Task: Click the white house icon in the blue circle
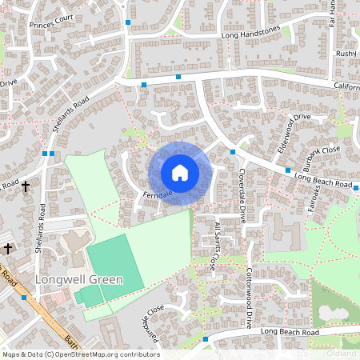pyautogui.click(x=180, y=173)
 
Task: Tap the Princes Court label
pyautogui.click(x=51, y=18)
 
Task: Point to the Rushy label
pyautogui.click(x=346, y=54)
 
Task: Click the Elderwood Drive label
pyautogui.click(x=293, y=130)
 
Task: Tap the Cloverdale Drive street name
pyautogui.click(x=241, y=194)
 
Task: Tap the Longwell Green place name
pyautogui.click(x=78, y=280)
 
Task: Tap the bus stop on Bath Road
pyautogui.click(x=24, y=298)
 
